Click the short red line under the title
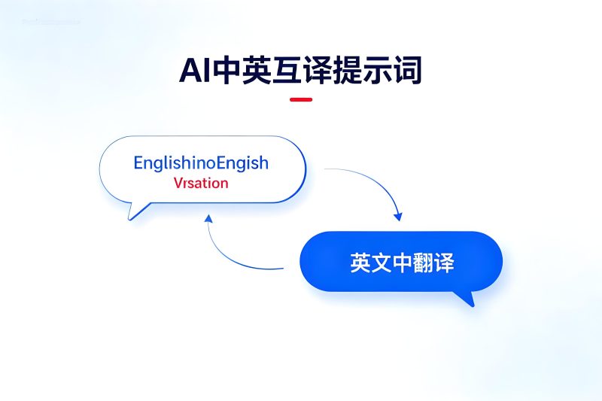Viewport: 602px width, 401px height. point(301,99)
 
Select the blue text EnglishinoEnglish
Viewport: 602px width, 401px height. point(201,163)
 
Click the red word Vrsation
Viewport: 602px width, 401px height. point(201,183)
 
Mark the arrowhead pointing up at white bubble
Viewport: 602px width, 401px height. point(208,217)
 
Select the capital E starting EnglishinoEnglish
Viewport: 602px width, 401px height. point(138,163)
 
